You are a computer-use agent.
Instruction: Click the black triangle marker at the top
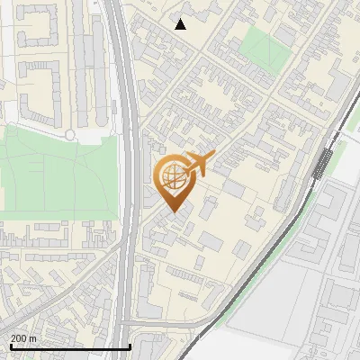(181, 24)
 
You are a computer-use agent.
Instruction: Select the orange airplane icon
(197, 165)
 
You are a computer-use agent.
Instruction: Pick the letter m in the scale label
(32, 338)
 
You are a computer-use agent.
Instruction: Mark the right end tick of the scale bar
(131, 345)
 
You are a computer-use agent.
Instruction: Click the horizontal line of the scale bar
(69, 346)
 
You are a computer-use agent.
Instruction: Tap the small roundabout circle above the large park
(70, 134)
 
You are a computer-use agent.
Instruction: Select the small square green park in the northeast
(260, 40)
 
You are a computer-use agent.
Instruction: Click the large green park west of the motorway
(54, 171)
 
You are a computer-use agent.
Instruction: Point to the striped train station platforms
(321, 164)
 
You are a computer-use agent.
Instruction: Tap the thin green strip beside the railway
(297, 225)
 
